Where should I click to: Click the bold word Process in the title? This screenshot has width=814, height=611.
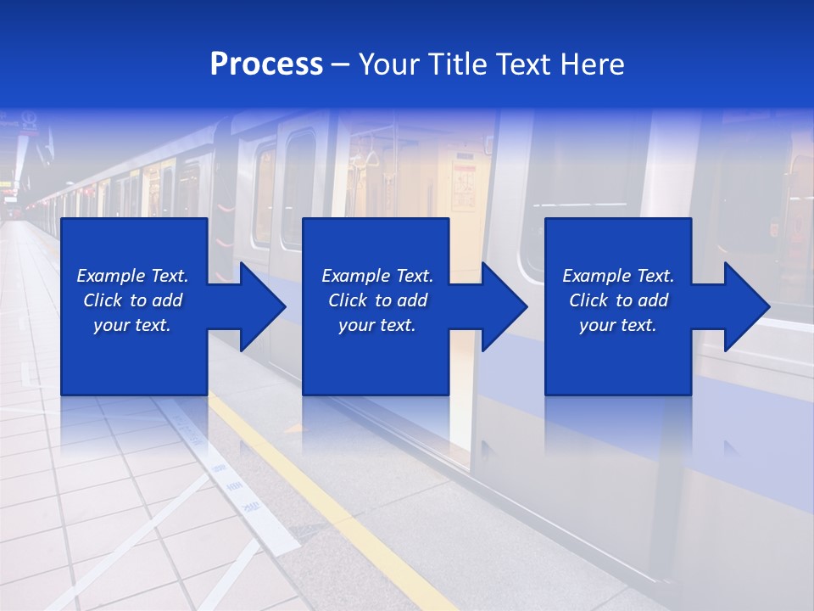click(x=266, y=64)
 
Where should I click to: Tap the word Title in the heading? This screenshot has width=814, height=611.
click(x=456, y=64)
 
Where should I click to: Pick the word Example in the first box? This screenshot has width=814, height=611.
click(x=110, y=276)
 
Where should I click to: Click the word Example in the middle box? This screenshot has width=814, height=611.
click(x=355, y=276)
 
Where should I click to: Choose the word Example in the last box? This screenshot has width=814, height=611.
click(x=596, y=276)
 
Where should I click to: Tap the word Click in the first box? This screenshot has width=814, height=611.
click(x=103, y=300)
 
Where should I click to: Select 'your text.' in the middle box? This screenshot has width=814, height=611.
click(x=376, y=325)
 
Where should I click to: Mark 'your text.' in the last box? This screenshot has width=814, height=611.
click(x=617, y=325)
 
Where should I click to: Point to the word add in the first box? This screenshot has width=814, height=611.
click(x=167, y=300)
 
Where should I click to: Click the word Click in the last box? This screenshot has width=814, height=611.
click(x=588, y=300)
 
